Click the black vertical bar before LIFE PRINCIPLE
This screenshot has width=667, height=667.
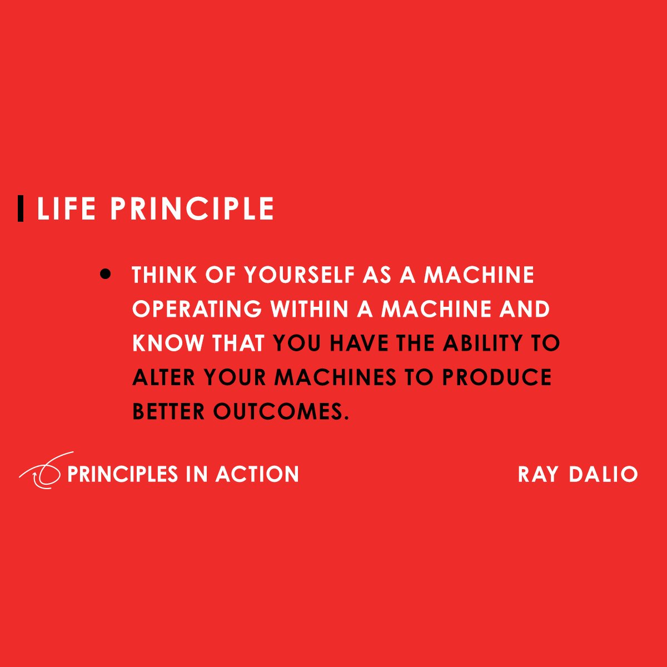pyautogui.click(x=21, y=208)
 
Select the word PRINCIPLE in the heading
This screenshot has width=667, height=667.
pyautogui.click(x=192, y=209)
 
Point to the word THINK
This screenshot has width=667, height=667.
pyautogui.click(x=165, y=275)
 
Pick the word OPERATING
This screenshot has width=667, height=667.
pyautogui.click(x=197, y=309)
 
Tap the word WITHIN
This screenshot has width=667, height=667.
pyautogui.click(x=309, y=309)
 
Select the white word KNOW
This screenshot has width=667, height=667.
pyautogui.click(x=168, y=344)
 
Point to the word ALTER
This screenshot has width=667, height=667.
pyautogui.click(x=164, y=378)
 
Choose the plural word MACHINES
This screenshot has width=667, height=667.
pyautogui.click(x=335, y=378)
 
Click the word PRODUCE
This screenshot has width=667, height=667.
pyautogui.click(x=497, y=378)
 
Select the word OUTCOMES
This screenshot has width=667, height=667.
pyautogui.click(x=281, y=412)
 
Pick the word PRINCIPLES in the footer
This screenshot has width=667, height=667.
pyautogui.click(x=122, y=474)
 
